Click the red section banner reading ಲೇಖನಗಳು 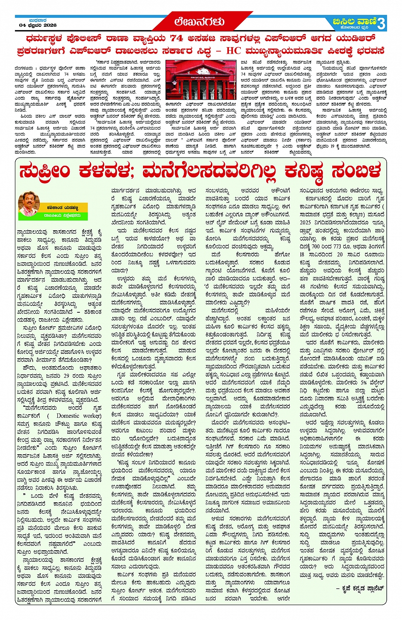(x=200, y=22)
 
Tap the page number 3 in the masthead (x=381, y=23)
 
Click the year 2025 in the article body (x=305, y=222)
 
